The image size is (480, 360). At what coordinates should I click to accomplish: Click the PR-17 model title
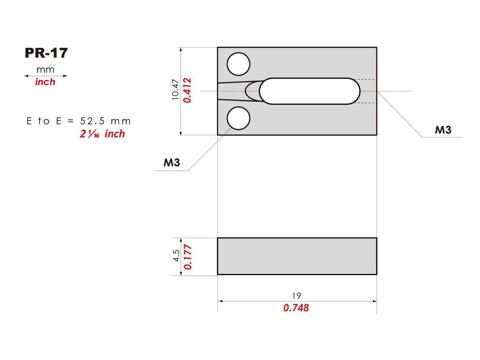pos(46,53)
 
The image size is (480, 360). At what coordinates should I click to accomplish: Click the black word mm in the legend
pos(45,70)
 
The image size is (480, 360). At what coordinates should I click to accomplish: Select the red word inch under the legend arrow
pos(45,82)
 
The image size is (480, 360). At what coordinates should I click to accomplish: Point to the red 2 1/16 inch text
pos(102,134)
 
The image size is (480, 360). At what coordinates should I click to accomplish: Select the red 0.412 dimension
pos(187,90)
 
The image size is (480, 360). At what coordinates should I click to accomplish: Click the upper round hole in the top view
pos(238,64)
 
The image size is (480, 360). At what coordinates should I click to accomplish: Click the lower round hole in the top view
pos(238,118)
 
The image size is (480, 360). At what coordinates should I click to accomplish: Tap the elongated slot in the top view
pos(310,91)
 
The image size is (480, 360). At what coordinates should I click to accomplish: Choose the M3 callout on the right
pos(442,130)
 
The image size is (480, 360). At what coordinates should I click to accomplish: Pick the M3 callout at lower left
pos(172,163)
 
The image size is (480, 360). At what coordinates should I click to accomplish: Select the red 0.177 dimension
pos(187,255)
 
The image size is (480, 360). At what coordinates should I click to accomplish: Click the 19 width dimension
pos(296,295)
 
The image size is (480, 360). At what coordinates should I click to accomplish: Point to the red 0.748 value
pos(296,308)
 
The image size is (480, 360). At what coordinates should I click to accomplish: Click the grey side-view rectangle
pos(297,256)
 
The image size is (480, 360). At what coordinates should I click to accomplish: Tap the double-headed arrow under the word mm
pos(45,75)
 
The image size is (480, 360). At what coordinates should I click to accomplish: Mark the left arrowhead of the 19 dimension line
pos(220,301)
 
